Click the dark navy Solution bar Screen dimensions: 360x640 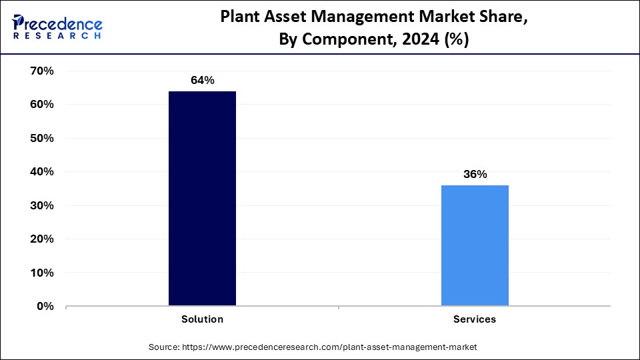click(x=202, y=199)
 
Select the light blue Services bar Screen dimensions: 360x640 click(x=475, y=245)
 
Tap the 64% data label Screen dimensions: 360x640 click(x=202, y=81)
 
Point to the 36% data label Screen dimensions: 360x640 click(x=475, y=175)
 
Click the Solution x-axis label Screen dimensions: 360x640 click(x=202, y=319)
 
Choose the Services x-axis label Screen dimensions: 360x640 click(x=475, y=319)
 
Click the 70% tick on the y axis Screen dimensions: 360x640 click(x=41, y=71)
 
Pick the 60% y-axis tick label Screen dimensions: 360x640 click(x=41, y=105)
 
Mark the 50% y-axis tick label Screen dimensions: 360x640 click(x=41, y=138)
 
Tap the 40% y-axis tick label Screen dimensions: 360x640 click(x=41, y=172)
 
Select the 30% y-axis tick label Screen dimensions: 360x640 click(x=41, y=205)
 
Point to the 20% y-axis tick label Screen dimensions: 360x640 click(x=41, y=239)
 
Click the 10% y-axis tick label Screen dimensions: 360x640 click(x=41, y=273)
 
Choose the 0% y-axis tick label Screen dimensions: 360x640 click(x=45, y=307)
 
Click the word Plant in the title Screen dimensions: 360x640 click(x=241, y=19)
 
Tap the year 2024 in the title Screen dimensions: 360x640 click(x=419, y=40)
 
